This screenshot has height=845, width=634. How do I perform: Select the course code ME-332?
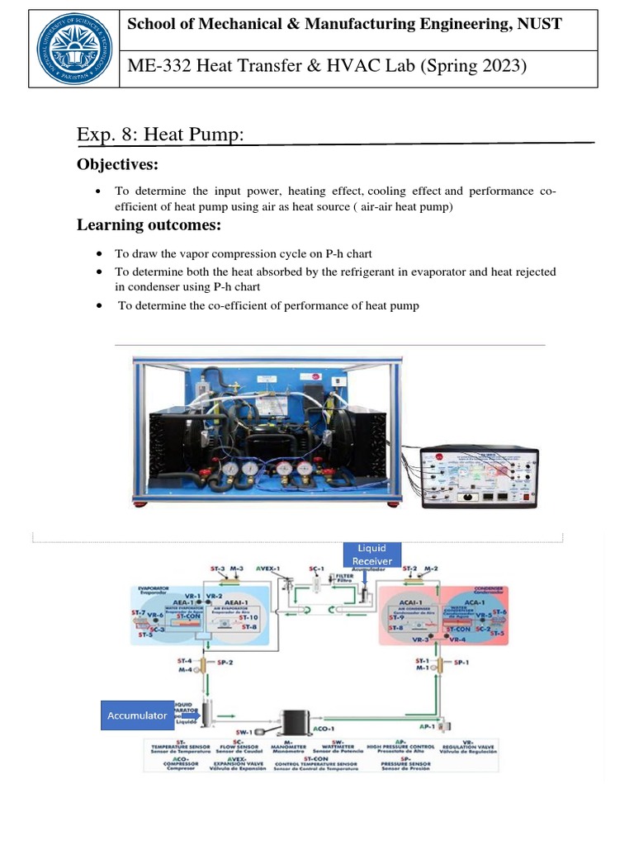(154, 66)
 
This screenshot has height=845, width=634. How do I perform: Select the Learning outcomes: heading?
(149, 225)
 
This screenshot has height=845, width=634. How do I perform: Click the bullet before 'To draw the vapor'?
(99, 254)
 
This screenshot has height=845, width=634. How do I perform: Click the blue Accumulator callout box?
(136, 715)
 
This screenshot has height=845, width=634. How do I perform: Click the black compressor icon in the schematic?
(296, 720)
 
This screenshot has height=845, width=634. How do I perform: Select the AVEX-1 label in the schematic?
(269, 569)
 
